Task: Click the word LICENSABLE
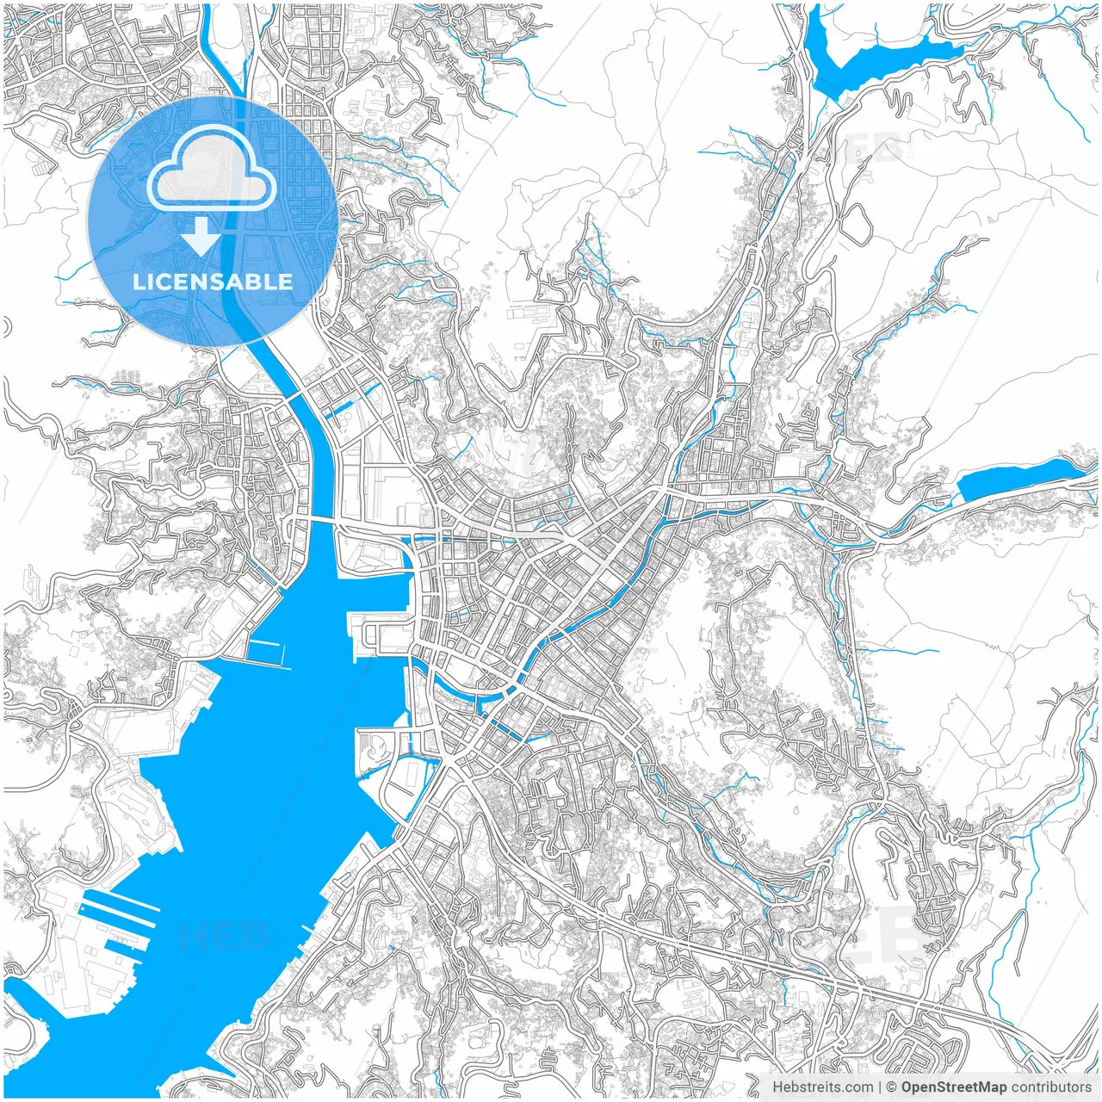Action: (212, 282)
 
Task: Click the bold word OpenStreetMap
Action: (953, 1087)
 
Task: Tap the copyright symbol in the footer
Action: (892, 1087)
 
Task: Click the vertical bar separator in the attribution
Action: (880, 1087)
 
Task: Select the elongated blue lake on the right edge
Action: (1016, 479)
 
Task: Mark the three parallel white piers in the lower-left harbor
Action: (121, 913)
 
